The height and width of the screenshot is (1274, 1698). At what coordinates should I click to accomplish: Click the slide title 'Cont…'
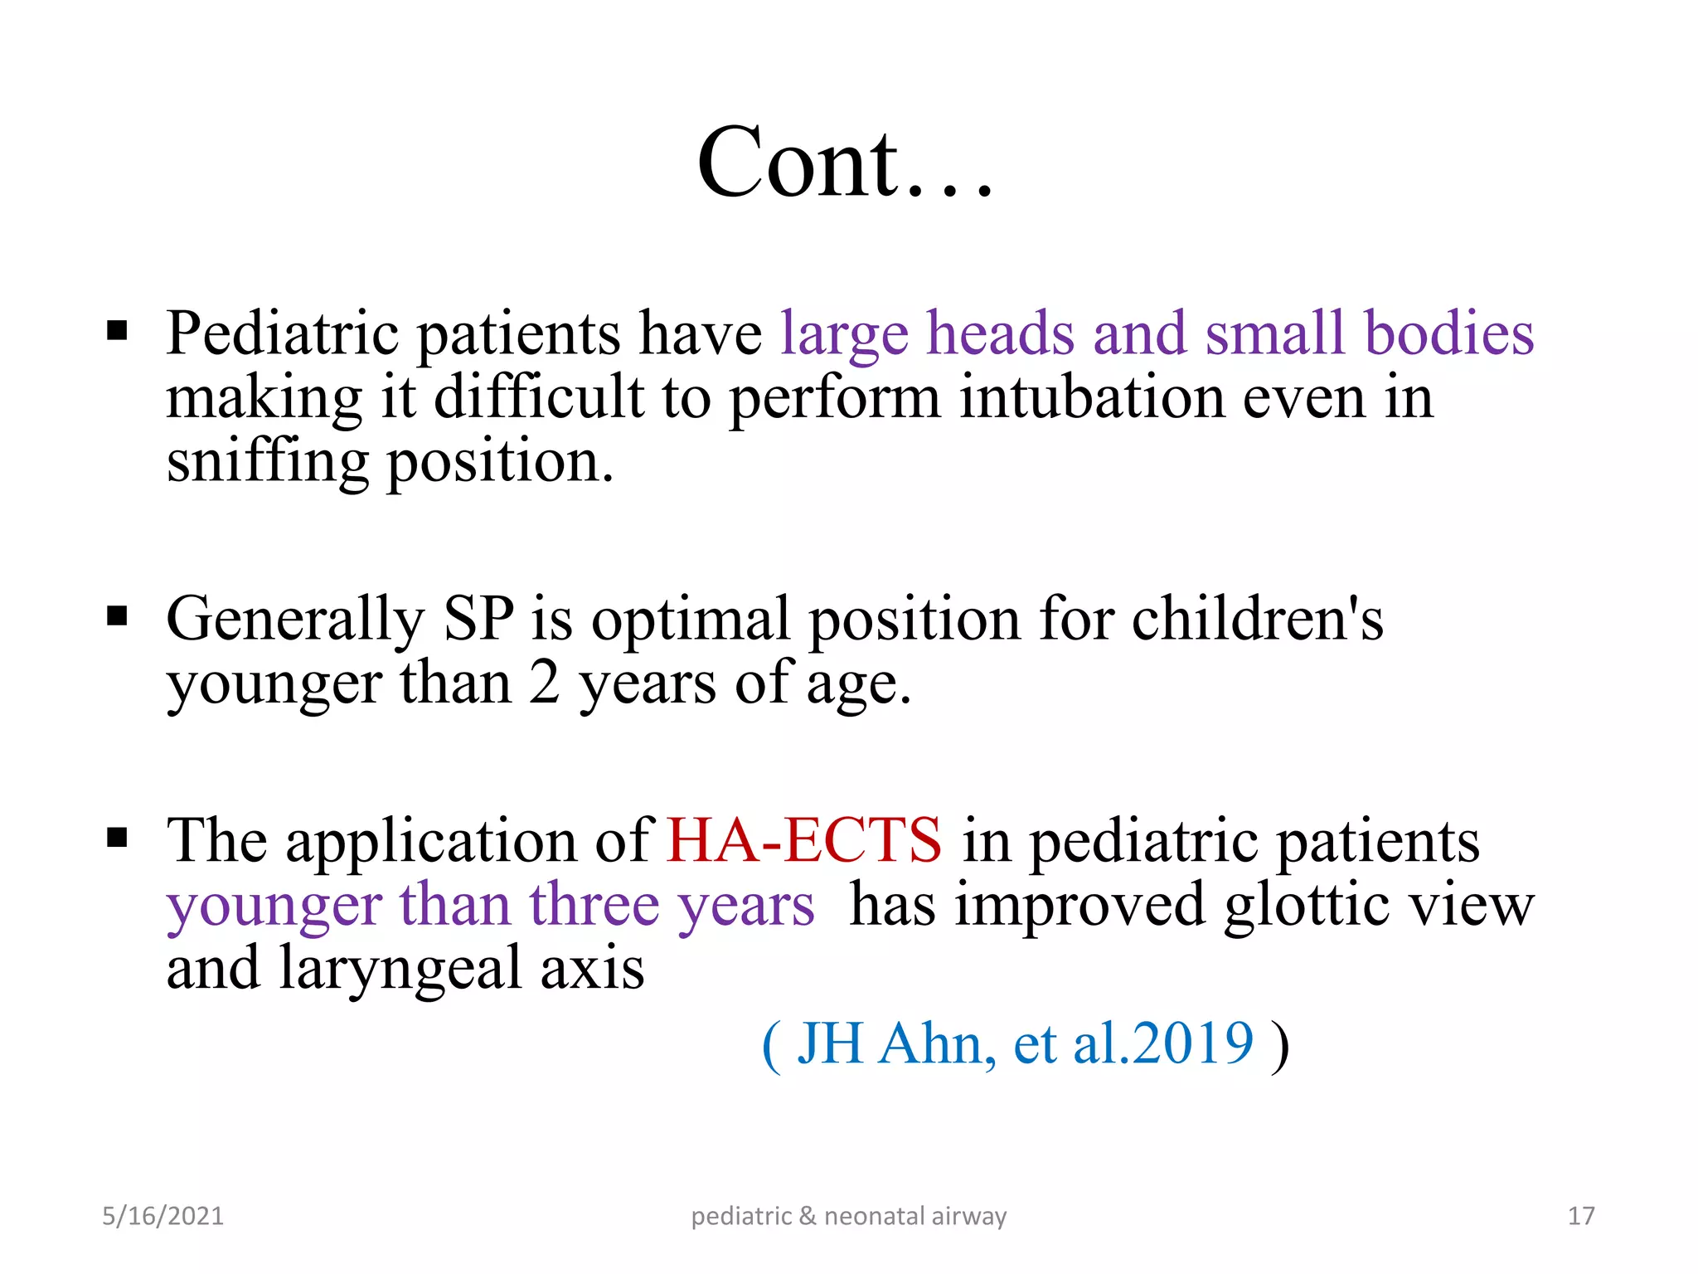(844, 163)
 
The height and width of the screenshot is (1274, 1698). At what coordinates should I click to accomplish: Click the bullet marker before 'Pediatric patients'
(118, 332)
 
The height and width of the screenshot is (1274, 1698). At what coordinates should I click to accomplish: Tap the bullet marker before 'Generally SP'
(118, 617)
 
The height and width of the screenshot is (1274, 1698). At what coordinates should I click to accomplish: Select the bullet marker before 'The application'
(118, 838)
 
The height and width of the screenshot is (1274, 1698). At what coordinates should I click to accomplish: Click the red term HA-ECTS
(803, 839)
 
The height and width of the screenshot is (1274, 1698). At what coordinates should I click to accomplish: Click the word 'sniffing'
(267, 463)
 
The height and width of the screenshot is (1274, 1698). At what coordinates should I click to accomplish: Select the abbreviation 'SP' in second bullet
(478, 619)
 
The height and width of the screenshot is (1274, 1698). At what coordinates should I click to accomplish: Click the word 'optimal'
(690, 620)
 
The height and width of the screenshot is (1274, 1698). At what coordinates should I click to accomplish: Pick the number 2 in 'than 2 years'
(544, 683)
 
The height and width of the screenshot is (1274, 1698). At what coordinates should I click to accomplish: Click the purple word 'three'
(594, 904)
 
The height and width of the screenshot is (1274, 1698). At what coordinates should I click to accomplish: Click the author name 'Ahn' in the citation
(937, 1043)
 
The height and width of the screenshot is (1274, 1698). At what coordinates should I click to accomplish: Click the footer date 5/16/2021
(163, 1216)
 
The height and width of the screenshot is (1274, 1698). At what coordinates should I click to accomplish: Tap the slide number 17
(1581, 1216)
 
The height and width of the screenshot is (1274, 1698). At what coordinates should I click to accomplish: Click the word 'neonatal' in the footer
(874, 1216)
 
